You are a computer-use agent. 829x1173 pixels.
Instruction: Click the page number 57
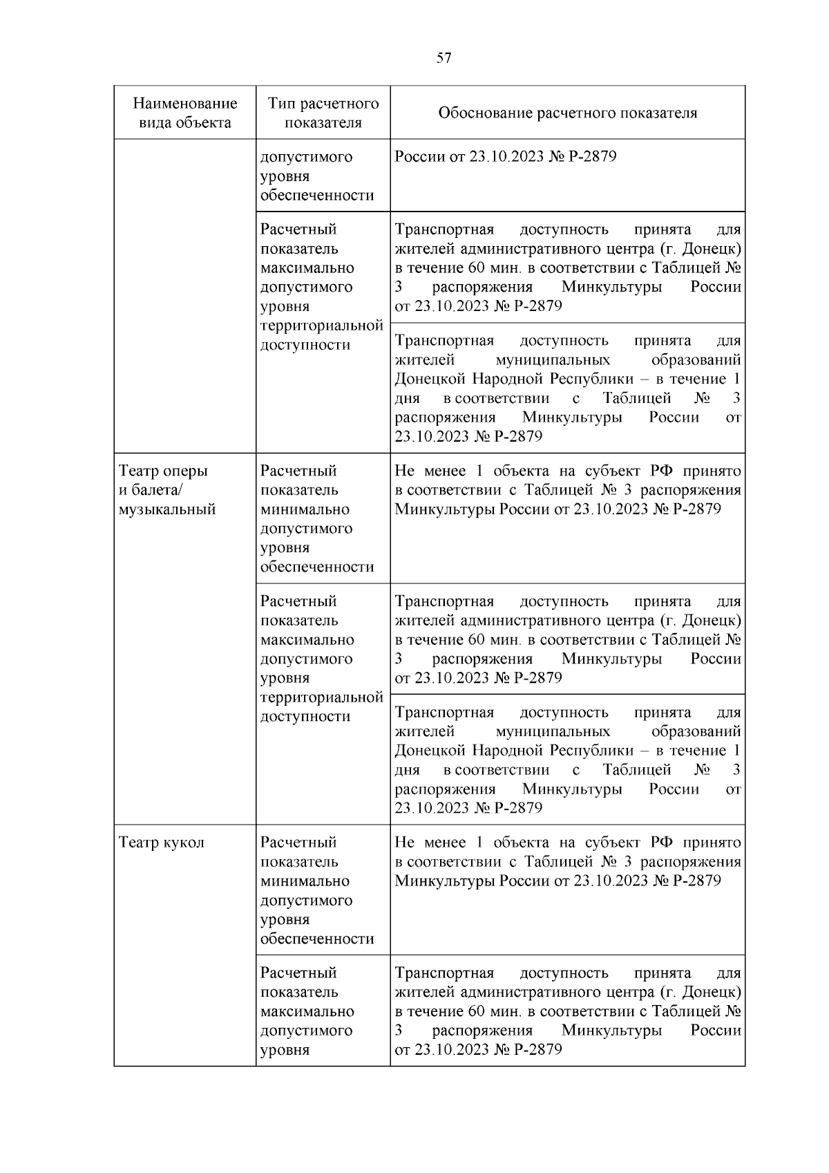tap(444, 58)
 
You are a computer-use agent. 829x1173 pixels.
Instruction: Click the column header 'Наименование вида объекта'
tap(184, 113)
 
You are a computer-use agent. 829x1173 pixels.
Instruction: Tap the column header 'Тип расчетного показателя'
tap(323, 113)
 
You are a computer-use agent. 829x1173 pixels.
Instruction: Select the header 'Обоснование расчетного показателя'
tap(567, 113)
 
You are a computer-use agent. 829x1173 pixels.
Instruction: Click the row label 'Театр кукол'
tap(162, 843)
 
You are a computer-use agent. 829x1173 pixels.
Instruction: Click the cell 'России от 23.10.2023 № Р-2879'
tap(505, 156)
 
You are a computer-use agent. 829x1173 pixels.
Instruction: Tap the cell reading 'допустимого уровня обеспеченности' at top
tap(317, 176)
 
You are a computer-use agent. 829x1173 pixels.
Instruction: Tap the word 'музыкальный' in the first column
tap(167, 509)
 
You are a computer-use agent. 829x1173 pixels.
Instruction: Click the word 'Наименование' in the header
tap(184, 104)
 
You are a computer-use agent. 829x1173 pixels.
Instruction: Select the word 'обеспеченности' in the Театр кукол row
tap(317, 939)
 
